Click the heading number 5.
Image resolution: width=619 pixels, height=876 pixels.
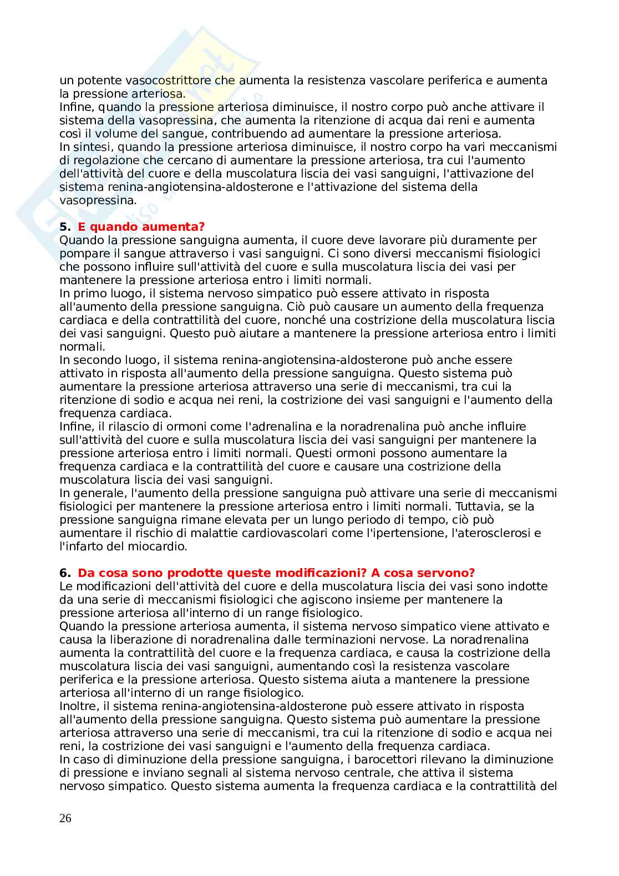click(x=64, y=227)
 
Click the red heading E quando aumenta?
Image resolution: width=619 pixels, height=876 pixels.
click(x=141, y=227)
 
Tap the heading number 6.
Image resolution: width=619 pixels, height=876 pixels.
click(x=64, y=573)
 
